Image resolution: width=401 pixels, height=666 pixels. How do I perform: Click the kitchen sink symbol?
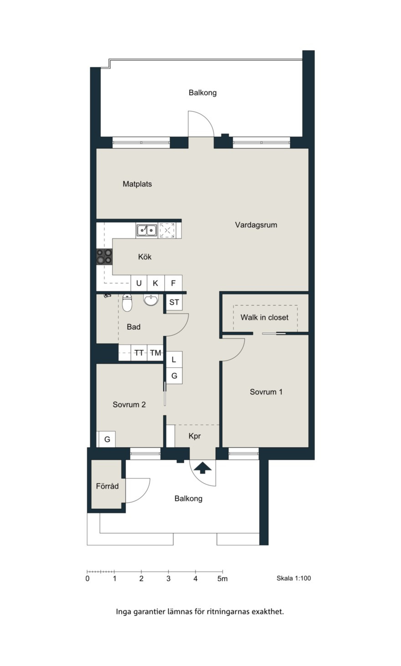pos(146,230)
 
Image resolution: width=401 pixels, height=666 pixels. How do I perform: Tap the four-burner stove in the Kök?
pos(104,257)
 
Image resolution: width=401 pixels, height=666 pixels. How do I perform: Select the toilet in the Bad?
pos(127,303)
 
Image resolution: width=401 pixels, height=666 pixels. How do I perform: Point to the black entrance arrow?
pos(202,468)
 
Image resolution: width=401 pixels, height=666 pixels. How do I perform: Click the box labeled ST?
pos(174,302)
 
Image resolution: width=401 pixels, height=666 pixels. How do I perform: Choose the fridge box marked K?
pos(155,283)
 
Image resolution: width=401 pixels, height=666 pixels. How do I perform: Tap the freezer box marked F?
pos(173,283)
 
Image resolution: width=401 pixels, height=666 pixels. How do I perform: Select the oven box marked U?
pos(139,283)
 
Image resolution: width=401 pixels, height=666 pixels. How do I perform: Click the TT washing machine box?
pos(139,353)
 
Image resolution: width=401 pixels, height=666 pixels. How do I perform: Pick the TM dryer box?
pos(155,353)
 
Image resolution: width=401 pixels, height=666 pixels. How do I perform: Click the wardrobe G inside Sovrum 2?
pos(107,439)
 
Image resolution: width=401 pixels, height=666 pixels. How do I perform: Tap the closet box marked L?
pos(174,360)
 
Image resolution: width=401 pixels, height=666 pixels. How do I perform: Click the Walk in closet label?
pos(264,317)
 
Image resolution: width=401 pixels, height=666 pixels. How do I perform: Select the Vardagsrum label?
pos(256,225)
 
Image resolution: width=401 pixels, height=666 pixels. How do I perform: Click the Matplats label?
pos(137,184)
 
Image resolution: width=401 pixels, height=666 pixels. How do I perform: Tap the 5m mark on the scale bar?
pos(222,578)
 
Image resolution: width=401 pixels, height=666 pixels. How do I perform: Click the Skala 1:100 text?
pos(294,578)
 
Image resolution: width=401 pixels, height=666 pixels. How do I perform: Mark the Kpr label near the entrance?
pos(195,436)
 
